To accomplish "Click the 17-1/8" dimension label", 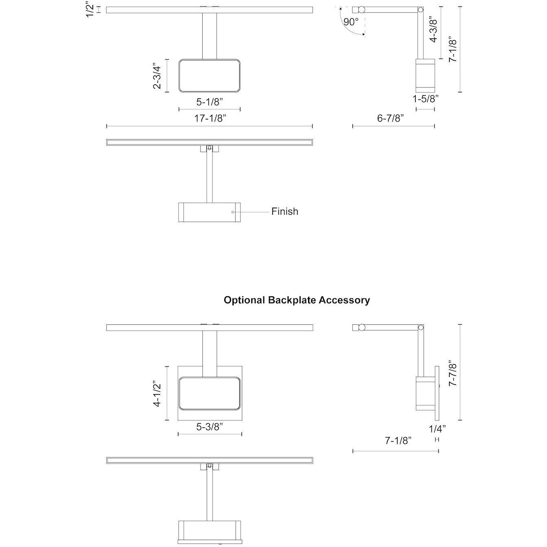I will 210,118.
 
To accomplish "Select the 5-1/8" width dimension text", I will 210,102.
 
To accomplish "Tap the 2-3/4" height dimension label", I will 157,75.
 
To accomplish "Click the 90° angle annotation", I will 351,22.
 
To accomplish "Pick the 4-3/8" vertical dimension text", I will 433,29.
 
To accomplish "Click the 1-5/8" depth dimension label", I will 425,99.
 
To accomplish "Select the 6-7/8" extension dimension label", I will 391,118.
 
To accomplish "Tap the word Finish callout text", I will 285,212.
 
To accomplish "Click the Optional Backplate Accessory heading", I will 297,300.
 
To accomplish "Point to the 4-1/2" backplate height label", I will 157,394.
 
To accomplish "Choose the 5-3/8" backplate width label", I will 210,427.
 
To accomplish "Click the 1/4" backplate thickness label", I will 438,429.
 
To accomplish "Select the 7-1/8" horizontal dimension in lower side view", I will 398,440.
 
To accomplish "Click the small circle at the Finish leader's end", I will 233,212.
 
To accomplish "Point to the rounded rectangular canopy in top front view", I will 210,75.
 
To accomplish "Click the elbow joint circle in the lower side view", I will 420,327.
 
